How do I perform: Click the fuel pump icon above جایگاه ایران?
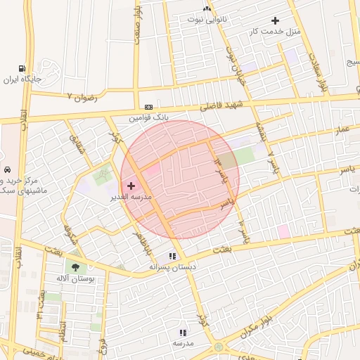[x=23, y=70]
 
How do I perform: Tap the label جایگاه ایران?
[x=23, y=79]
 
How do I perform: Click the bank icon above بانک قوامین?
[x=148, y=107]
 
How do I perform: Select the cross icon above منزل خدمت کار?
[x=274, y=21]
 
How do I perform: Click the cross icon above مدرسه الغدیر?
[x=131, y=186]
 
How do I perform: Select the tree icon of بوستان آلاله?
[x=73, y=267]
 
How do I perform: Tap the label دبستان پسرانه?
[x=172, y=267]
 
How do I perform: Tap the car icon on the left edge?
[x=6, y=170]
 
